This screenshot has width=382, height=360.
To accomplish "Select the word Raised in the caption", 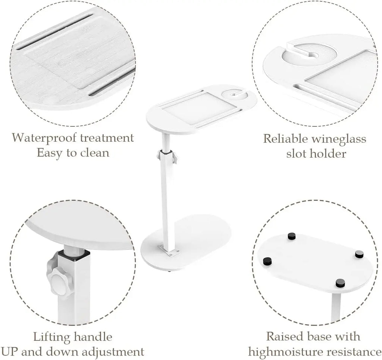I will [x=285, y=337].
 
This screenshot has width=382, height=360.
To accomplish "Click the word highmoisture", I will [x=285, y=352].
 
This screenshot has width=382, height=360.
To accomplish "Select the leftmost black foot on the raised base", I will [x=267, y=260].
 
